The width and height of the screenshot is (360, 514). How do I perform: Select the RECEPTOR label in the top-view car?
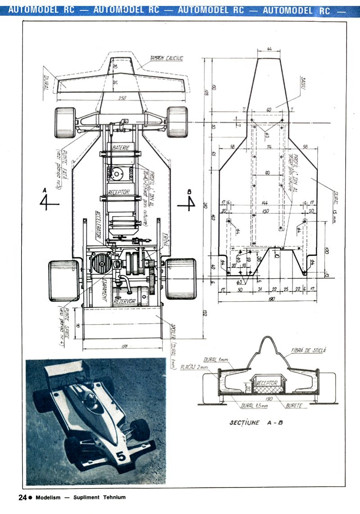(x=119, y=192)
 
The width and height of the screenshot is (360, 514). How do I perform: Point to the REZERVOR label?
(x=125, y=302)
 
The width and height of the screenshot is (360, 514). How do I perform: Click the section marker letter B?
(x=189, y=192)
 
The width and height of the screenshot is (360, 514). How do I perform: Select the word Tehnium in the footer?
(x=113, y=497)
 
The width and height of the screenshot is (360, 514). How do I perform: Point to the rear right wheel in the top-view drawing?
(x=181, y=278)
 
